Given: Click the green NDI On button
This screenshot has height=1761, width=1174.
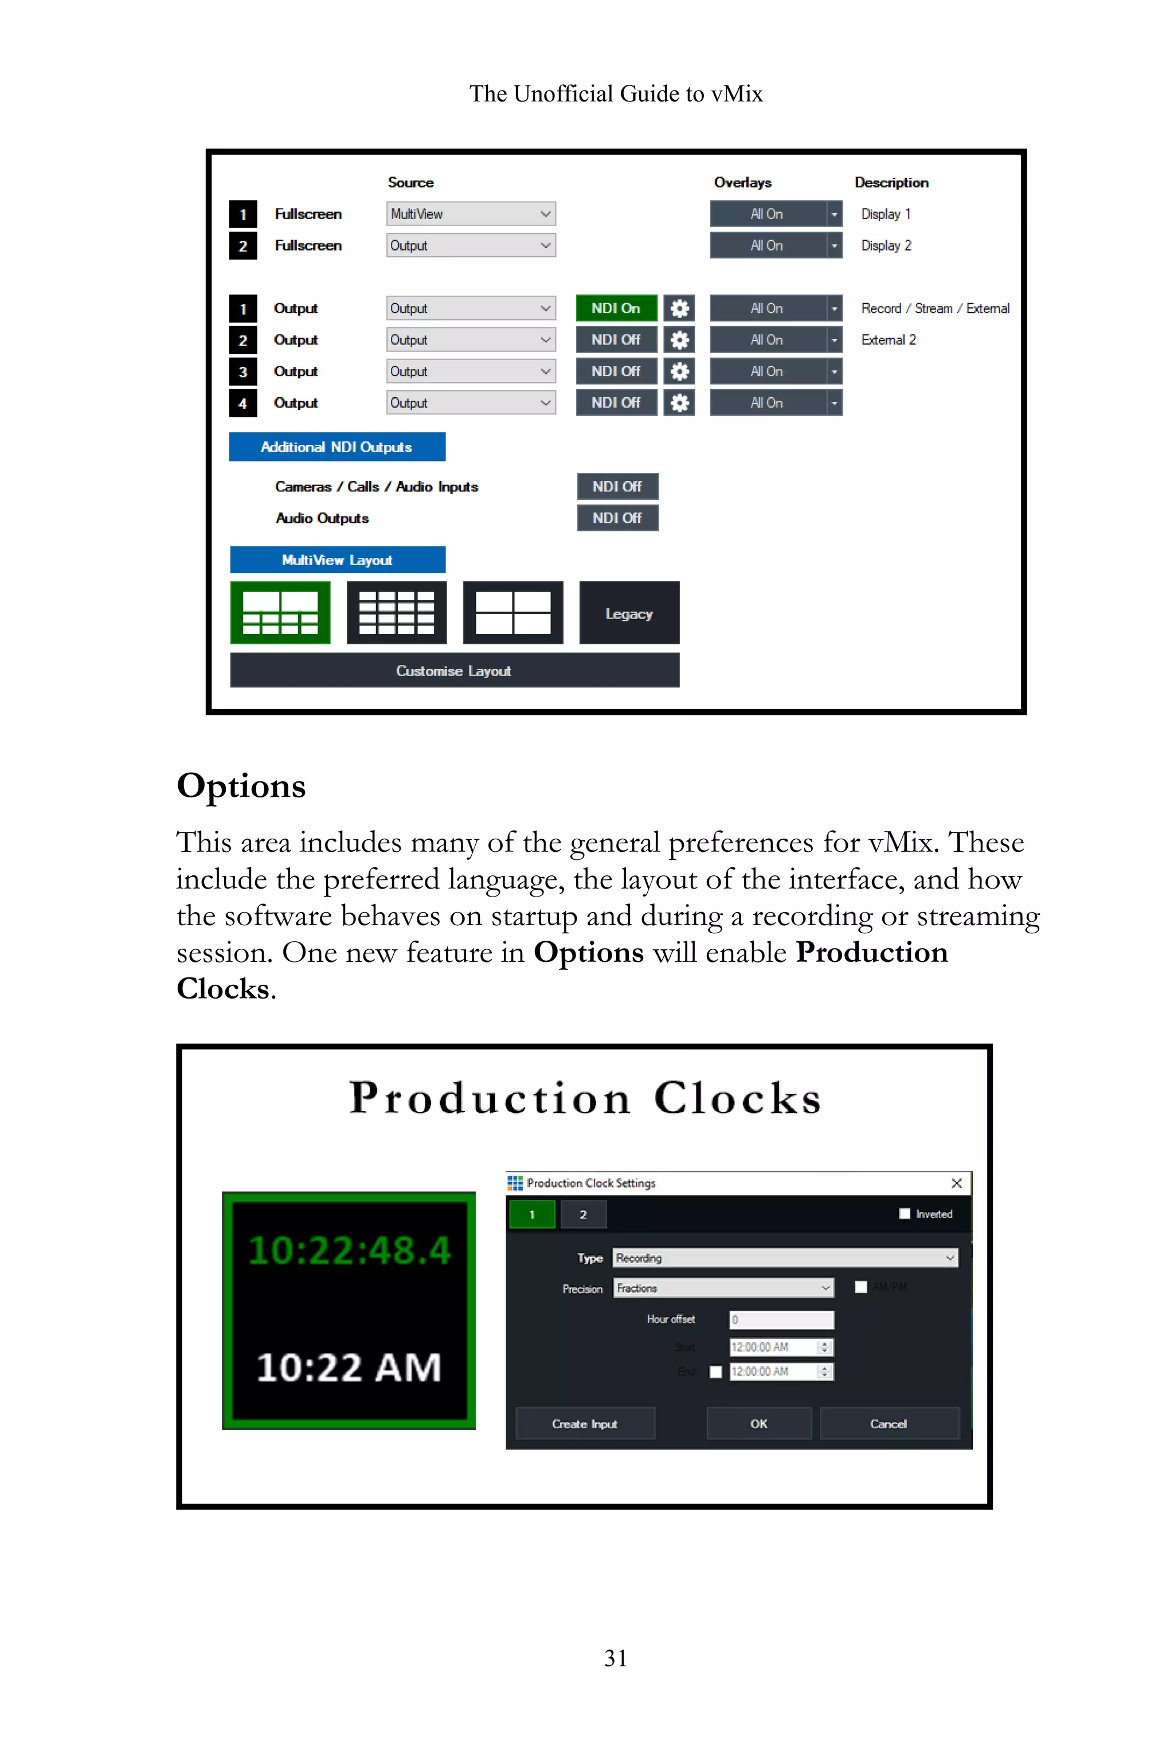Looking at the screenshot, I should pos(616,308).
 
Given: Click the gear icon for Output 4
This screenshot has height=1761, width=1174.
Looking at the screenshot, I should pos(679,403).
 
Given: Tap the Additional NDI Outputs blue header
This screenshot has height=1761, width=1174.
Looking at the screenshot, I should pos(337,447).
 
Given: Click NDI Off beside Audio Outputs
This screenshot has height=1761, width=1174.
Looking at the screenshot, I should pos(617,518).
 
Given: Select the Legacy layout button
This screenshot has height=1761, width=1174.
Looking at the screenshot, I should pos(629,613).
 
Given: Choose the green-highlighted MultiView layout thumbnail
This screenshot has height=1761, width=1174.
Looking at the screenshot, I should pos(280,613).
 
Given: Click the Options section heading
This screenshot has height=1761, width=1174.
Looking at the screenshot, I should pos(241,786).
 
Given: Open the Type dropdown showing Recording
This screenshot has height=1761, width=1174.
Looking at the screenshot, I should pos(785,1258).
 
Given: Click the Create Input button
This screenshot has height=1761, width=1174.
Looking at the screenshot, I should pos(585,1423).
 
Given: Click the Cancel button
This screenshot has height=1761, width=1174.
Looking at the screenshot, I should pos(889,1423).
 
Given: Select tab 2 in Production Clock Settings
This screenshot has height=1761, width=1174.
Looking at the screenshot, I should pos(583,1215).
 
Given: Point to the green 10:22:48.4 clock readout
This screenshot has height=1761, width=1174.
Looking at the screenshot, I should pos(349,1250).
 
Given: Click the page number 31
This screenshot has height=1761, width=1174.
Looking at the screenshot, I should pos(616,1658).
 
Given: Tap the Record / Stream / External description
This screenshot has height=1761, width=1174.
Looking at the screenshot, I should pos(934,308).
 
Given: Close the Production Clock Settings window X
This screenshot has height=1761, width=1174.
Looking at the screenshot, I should pos(956,1183).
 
